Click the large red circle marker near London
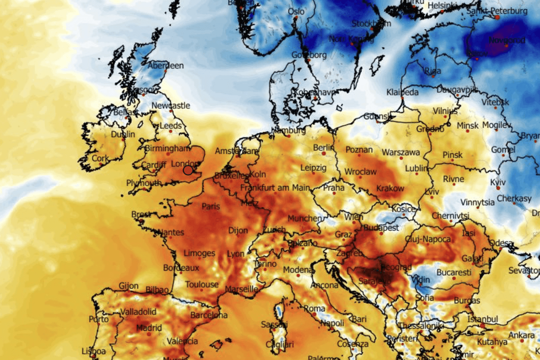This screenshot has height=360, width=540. (x=188, y=170)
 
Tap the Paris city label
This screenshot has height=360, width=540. (x=211, y=207)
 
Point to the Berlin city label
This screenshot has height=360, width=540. (x=324, y=148)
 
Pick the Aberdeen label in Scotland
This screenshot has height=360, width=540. (x=166, y=66)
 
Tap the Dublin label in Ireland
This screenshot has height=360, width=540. (x=123, y=134)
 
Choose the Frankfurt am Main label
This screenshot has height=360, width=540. (x=275, y=187)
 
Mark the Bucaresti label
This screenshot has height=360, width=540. (x=454, y=273)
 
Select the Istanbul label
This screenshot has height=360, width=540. (x=482, y=319)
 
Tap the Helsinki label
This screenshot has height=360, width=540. (x=443, y=5)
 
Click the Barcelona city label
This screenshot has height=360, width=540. (x=209, y=315)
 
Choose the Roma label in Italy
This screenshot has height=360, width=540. (x=315, y=309)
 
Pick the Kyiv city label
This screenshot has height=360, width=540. (x=498, y=183)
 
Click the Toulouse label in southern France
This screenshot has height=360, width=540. (x=202, y=285)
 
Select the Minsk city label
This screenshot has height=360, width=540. (x=468, y=126)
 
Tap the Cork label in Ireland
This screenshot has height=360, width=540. (x=100, y=158)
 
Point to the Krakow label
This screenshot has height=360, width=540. (x=390, y=188)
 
